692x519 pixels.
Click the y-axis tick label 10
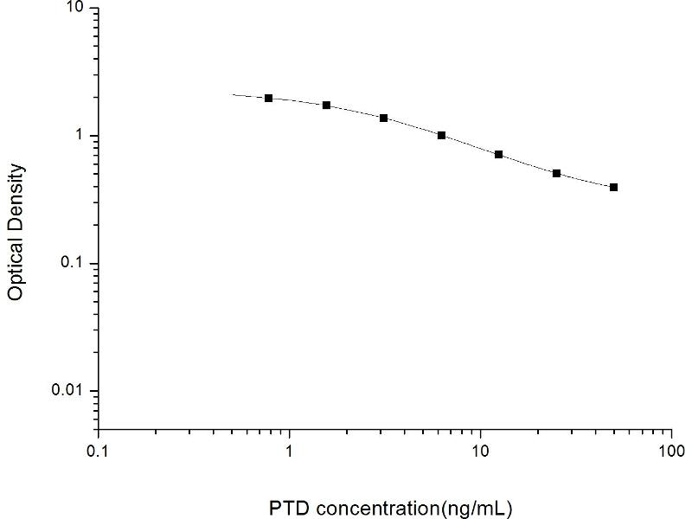[75, 8]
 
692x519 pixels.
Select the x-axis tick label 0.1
[98, 452]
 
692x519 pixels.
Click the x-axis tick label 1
[289, 452]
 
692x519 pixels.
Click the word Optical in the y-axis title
[15, 265]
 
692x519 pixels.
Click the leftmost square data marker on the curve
[269, 99]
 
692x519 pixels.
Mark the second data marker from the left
[326, 105]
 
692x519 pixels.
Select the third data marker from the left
[383, 118]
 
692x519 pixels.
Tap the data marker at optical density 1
[441, 135]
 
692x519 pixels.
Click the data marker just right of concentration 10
[498, 154]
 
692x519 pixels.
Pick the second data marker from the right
[556, 173]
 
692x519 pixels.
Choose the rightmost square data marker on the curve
[613, 187]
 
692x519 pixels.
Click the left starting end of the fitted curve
[234, 94]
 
